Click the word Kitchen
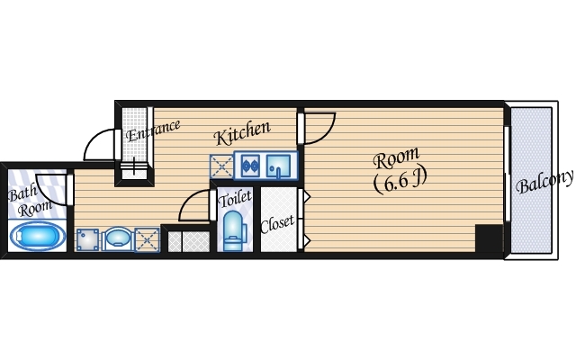[x=242, y=132]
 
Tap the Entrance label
[x=153, y=130]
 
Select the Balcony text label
[x=544, y=181]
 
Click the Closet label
[x=277, y=224]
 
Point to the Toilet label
[x=235, y=198]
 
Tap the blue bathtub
[x=38, y=236]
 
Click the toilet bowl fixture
[x=234, y=230]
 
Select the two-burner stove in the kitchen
[x=250, y=166]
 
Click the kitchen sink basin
[x=278, y=166]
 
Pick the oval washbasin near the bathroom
[x=116, y=239]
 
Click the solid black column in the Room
[x=489, y=238]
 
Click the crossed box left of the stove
[x=221, y=166]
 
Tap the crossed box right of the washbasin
[x=147, y=240]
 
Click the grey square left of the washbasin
[x=87, y=240]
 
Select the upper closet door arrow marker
[x=307, y=197]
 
